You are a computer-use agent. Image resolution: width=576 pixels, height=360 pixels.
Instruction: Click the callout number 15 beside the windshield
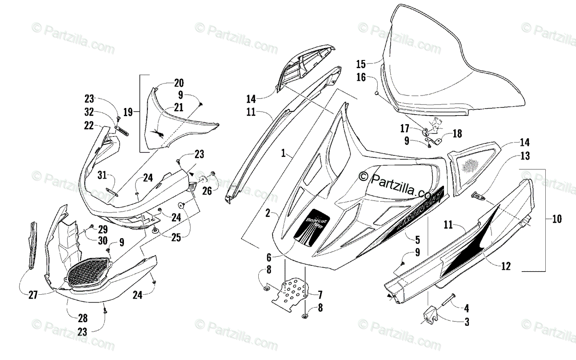pos(361,63)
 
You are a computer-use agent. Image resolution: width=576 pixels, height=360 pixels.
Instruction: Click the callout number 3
pos(466,323)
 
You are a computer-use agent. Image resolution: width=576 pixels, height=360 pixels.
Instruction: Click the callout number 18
pos(457,133)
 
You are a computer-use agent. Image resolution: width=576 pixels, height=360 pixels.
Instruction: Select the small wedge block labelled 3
pos(432,316)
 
